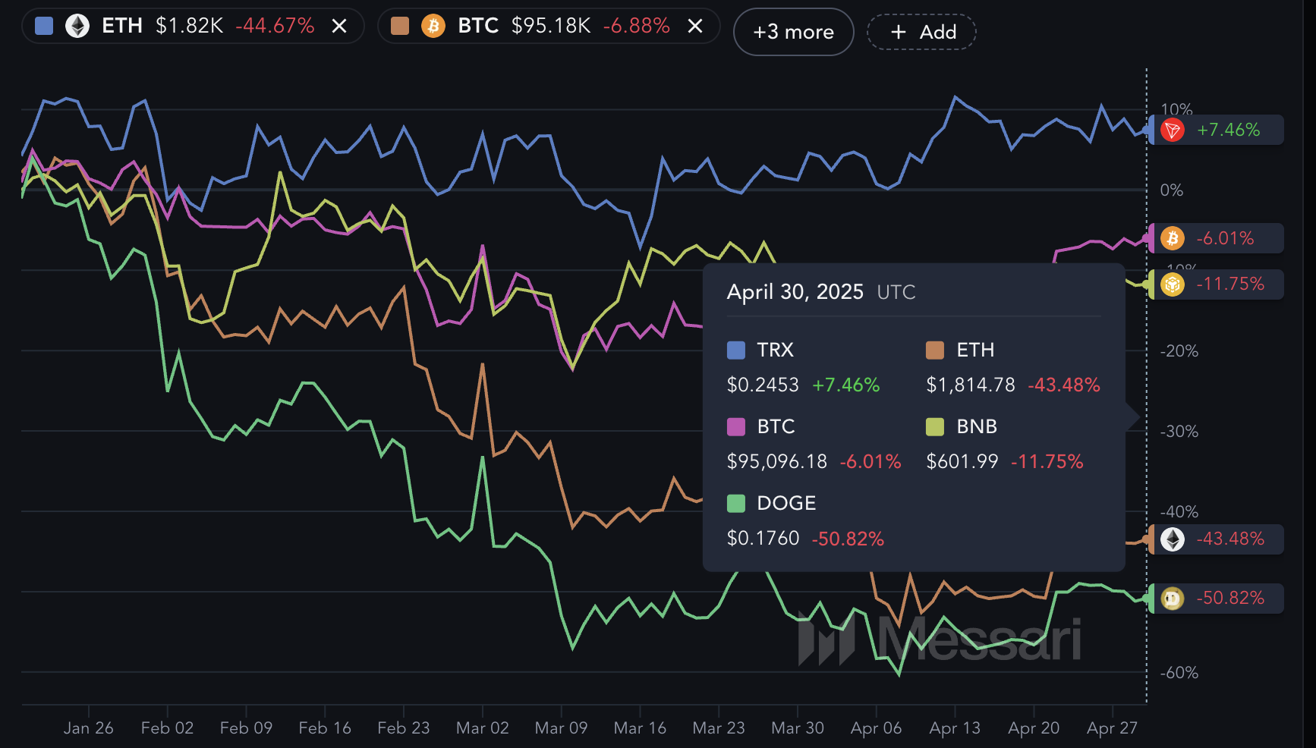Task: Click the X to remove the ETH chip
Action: pos(339,27)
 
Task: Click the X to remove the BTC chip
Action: pos(694,27)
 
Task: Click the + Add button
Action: pos(921,32)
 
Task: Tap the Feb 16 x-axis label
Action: pos(325,728)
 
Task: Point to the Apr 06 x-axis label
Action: pos(876,728)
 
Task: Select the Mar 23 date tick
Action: pos(718,728)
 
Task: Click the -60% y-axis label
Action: pos(1179,672)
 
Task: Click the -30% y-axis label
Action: pos(1179,431)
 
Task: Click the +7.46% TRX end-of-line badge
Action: pos(1217,130)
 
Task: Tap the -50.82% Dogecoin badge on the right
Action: pos(1217,598)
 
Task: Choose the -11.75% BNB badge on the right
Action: pos(1217,284)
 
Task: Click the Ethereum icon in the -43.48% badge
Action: pos(1173,539)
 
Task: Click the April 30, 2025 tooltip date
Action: pos(795,292)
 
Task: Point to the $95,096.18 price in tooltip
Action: pos(776,461)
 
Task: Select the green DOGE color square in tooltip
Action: pos(736,503)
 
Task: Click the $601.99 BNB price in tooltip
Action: pos(962,461)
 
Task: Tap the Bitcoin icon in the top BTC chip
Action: pos(433,27)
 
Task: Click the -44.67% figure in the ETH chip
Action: pos(275,27)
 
